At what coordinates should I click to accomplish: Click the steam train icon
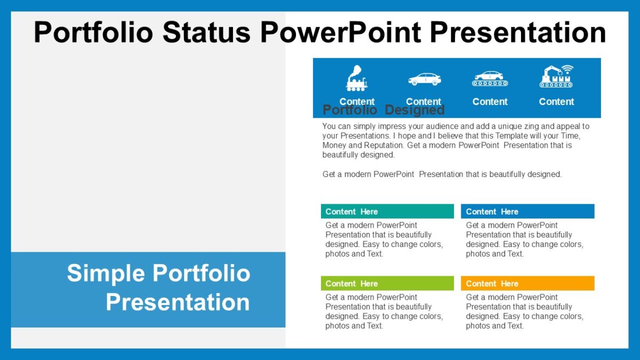(357, 78)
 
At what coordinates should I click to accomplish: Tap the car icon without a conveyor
(425, 79)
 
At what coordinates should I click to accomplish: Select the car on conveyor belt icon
(490, 78)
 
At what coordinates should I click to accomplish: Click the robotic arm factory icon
(556, 77)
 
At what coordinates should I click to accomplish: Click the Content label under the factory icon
(556, 101)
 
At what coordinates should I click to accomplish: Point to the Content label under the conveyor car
(490, 101)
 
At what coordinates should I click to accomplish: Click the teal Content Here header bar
(387, 211)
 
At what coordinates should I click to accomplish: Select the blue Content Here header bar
(527, 211)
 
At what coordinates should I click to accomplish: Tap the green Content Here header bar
(387, 283)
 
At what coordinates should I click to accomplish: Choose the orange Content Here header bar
(527, 283)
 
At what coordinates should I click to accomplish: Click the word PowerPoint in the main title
(340, 32)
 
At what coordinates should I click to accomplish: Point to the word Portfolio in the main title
(94, 32)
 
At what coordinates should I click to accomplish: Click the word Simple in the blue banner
(106, 273)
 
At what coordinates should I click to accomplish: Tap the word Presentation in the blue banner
(178, 302)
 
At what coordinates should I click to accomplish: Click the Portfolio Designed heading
(383, 110)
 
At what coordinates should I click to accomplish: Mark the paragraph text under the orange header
(524, 311)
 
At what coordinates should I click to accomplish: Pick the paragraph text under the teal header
(384, 239)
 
